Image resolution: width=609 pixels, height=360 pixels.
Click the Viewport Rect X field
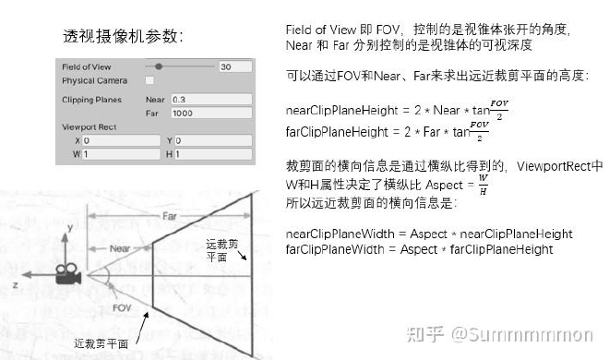pyautogui.click(x=120, y=140)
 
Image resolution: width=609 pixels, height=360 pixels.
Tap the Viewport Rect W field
pyautogui.click(x=120, y=154)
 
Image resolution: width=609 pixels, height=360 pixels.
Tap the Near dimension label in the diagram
pyautogui.click(x=119, y=248)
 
